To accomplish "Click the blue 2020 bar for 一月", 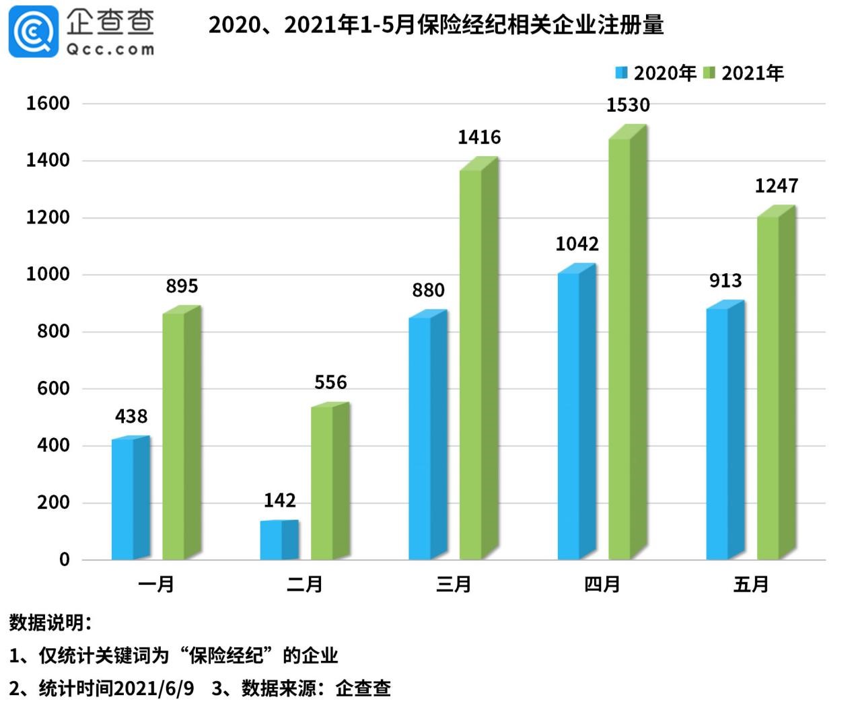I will (130, 498).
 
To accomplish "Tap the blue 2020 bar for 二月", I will (279, 540).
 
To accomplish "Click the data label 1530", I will (627, 105).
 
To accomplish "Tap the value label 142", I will (279, 500).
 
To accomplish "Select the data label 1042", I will (577, 244).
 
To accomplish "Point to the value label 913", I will (725, 281).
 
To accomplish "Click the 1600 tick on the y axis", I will (48, 103).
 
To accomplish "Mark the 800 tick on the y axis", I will (53, 331).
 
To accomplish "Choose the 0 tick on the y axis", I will (64, 559).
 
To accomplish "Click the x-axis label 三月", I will (453, 584).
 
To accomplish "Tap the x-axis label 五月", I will (750, 584).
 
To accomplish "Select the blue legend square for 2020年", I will (621, 73).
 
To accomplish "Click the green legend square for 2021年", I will (709, 73).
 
